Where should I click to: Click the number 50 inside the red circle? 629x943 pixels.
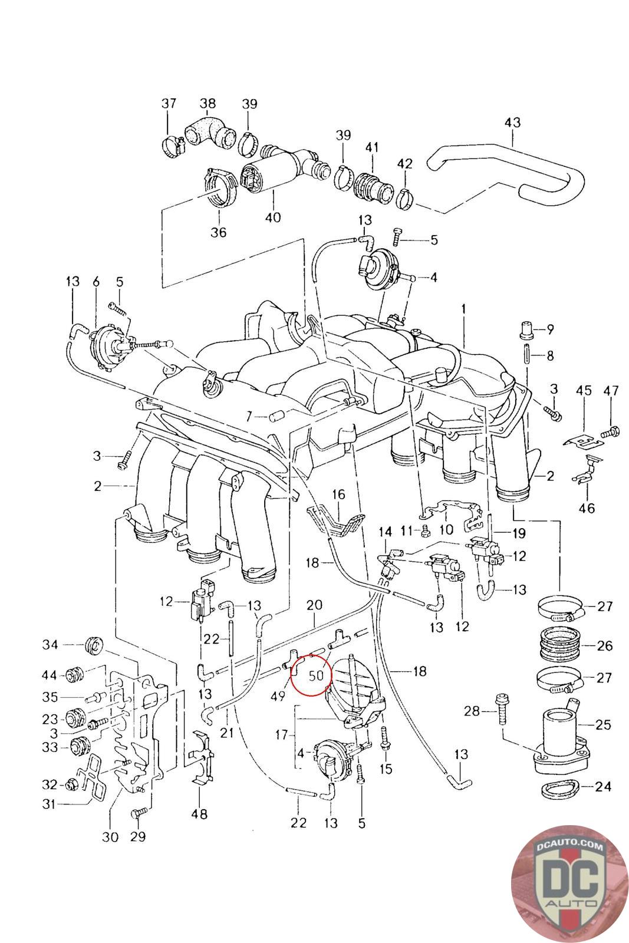pyautogui.click(x=317, y=675)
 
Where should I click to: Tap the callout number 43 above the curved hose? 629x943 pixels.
pyautogui.click(x=512, y=123)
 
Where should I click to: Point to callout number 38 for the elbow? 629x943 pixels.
pyautogui.click(x=208, y=104)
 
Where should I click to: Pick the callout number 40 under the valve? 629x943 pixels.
pyautogui.click(x=272, y=217)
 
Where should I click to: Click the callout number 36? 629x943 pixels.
pyautogui.click(x=218, y=232)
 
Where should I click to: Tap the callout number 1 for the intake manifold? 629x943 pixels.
pyautogui.click(x=464, y=309)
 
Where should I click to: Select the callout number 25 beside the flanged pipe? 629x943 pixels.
pyautogui.click(x=603, y=724)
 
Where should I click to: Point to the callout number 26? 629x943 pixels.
pyautogui.click(x=604, y=645)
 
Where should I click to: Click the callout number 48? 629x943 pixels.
pyautogui.click(x=199, y=815)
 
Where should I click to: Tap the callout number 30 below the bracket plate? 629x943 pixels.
pyautogui.click(x=110, y=836)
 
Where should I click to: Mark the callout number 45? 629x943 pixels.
pyautogui.click(x=584, y=390)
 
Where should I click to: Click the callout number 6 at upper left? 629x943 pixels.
pyautogui.click(x=96, y=282)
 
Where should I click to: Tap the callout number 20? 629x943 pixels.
pyautogui.click(x=314, y=605)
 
